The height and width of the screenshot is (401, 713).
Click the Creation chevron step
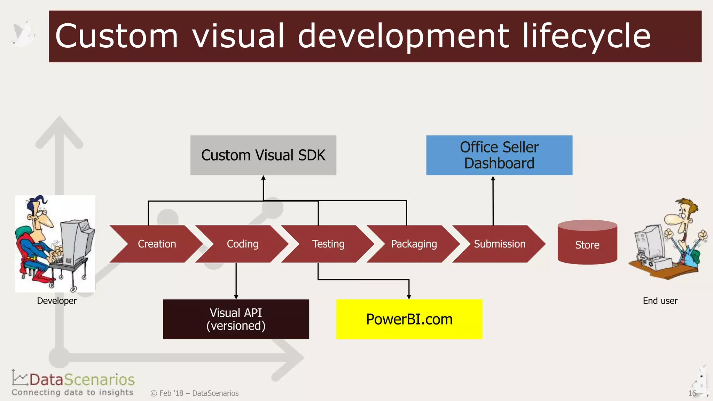click(x=157, y=244)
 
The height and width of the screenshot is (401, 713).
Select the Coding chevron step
click(x=243, y=244)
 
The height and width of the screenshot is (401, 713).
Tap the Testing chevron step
click(x=328, y=244)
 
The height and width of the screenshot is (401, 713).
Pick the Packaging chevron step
click(x=414, y=244)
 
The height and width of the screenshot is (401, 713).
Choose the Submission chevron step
click(x=500, y=244)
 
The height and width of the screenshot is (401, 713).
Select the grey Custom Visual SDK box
click(x=263, y=155)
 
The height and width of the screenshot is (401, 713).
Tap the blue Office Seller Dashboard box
click(x=499, y=155)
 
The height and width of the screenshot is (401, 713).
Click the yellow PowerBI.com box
click(x=409, y=319)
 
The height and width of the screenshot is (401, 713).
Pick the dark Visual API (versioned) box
click(x=236, y=319)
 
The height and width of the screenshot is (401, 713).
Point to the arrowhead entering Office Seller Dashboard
click(x=493, y=179)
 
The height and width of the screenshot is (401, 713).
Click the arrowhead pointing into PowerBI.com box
click(x=409, y=297)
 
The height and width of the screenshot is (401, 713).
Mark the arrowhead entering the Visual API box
click(x=236, y=297)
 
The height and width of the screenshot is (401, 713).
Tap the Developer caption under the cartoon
click(x=57, y=301)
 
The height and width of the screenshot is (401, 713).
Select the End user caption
click(x=660, y=301)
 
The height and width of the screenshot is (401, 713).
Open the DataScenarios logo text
click(x=82, y=380)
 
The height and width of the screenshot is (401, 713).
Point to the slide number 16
click(x=692, y=393)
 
